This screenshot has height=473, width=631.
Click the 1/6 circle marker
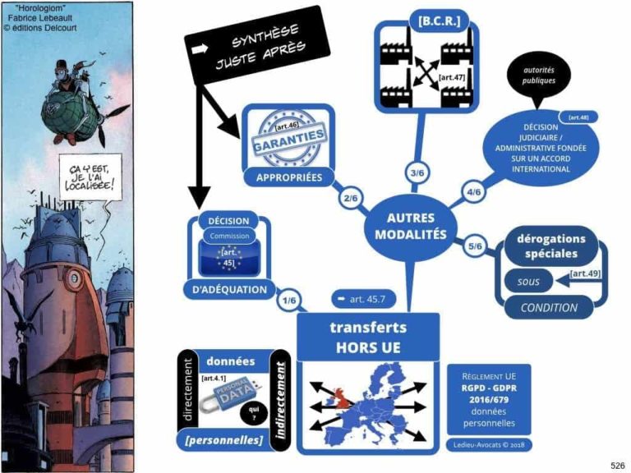[288, 301]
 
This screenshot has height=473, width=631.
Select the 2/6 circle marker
[352, 199]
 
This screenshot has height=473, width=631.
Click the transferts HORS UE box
[368, 337]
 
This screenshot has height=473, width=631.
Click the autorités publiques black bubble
[538, 76]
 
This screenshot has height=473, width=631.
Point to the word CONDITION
[549, 308]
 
